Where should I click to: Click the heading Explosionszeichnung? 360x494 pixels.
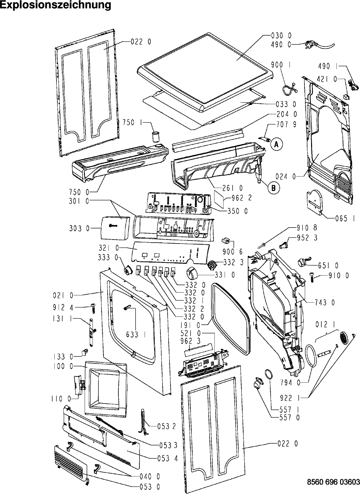pos(55,5)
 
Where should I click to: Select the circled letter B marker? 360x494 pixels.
pos(274,188)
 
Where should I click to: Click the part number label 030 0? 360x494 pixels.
pos(281,36)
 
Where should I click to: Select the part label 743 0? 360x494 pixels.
pos(325,303)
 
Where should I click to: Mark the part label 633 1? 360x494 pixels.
pos(136,334)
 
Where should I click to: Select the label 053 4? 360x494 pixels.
pos(167,458)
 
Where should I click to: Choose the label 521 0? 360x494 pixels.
pos(191,333)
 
